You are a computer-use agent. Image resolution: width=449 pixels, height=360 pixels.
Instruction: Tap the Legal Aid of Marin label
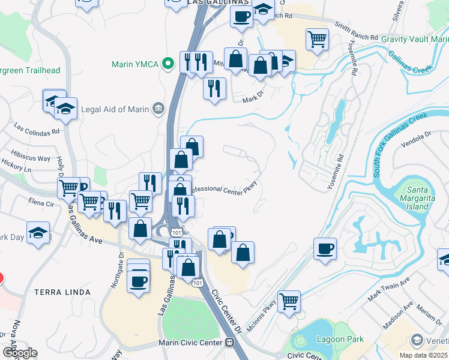115,109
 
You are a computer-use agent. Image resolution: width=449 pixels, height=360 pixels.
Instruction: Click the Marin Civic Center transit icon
229,343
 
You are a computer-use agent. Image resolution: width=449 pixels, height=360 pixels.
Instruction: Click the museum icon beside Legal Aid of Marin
158,109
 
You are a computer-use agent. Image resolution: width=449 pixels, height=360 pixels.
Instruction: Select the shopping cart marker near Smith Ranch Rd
317,40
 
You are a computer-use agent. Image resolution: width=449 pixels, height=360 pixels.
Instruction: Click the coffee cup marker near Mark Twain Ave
325,248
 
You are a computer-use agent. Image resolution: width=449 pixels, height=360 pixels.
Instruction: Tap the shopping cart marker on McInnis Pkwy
289,301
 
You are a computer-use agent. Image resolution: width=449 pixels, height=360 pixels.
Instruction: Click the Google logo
19,352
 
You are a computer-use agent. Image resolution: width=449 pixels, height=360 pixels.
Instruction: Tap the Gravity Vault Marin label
415,39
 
